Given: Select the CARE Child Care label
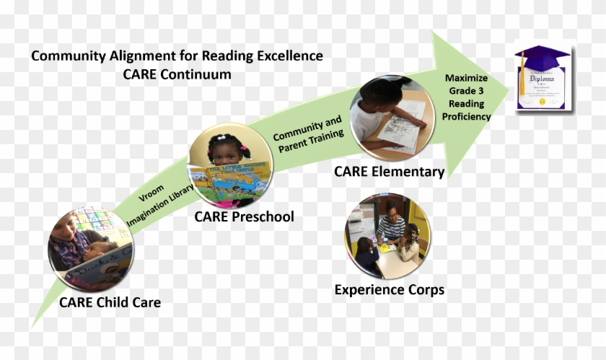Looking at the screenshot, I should pos(110,302).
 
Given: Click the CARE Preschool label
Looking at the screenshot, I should pos(244,216).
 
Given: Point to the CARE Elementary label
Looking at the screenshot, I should pos(389,171).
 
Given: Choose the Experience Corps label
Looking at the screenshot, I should pos(389,290).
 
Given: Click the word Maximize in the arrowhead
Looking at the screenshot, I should pos(466,78).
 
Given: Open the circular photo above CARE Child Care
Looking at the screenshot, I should pos(91,249).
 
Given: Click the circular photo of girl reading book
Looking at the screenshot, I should pos(230,167).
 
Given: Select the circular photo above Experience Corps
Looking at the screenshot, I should pos(387,235).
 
